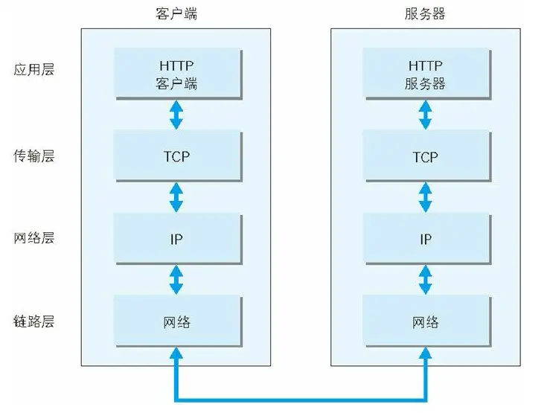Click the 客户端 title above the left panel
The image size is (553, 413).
(177, 14)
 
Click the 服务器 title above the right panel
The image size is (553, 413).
(426, 14)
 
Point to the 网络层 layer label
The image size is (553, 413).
(34, 239)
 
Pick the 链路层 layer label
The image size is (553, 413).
(34, 322)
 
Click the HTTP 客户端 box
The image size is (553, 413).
(177, 74)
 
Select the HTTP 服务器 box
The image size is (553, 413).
(426, 74)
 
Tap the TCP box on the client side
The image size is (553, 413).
(177, 157)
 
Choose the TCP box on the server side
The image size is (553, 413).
(426, 157)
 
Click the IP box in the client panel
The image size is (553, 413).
(177, 239)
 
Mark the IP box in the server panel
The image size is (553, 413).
(426, 239)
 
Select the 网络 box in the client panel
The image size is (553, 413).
(177, 322)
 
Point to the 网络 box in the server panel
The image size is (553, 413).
(426, 322)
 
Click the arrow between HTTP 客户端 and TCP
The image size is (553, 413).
(176, 115)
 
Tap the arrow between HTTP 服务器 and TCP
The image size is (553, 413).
(426, 115)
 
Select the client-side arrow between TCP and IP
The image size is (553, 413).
(176, 197)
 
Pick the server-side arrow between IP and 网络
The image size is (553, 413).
(426, 280)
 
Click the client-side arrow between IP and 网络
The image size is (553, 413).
(176, 280)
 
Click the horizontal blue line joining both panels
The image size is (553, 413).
(301, 397)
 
